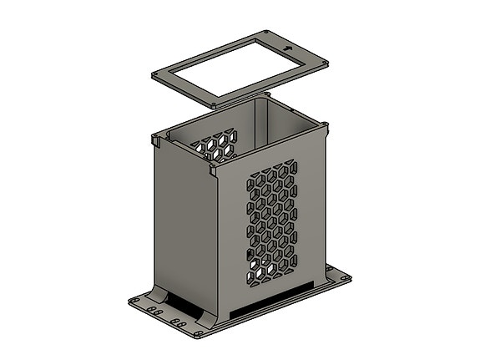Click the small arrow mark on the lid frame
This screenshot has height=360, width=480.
[289, 48]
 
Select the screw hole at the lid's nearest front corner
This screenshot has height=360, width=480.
[215, 105]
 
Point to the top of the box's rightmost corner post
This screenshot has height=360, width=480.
[326, 125]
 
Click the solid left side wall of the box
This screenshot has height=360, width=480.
[184, 226]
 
